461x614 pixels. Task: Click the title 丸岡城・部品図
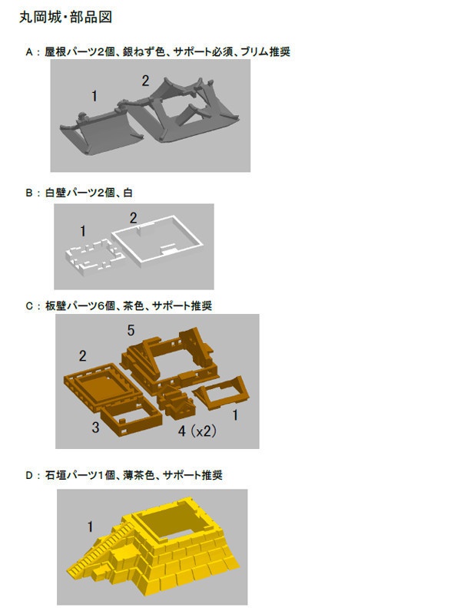click(x=65, y=17)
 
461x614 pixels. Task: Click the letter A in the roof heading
click(x=29, y=52)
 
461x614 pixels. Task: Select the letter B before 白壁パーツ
click(x=29, y=193)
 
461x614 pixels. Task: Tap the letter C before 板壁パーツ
click(x=29, y=305)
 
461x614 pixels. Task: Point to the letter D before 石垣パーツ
click(x=29, y=475)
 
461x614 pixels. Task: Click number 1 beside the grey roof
click(x=94, y=96)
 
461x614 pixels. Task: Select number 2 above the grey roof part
click(x=145, y=81)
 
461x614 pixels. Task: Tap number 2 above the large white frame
click(x=133, y=218)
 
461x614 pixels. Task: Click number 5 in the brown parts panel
click(x=131, y=330)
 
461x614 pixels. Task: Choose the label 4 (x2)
click(x=197, y=431)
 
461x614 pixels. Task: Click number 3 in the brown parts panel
click(x=95, y=427)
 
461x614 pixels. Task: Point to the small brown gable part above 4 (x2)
click(x=175, y=403)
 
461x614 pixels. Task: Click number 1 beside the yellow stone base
click(x=90, y=527)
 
